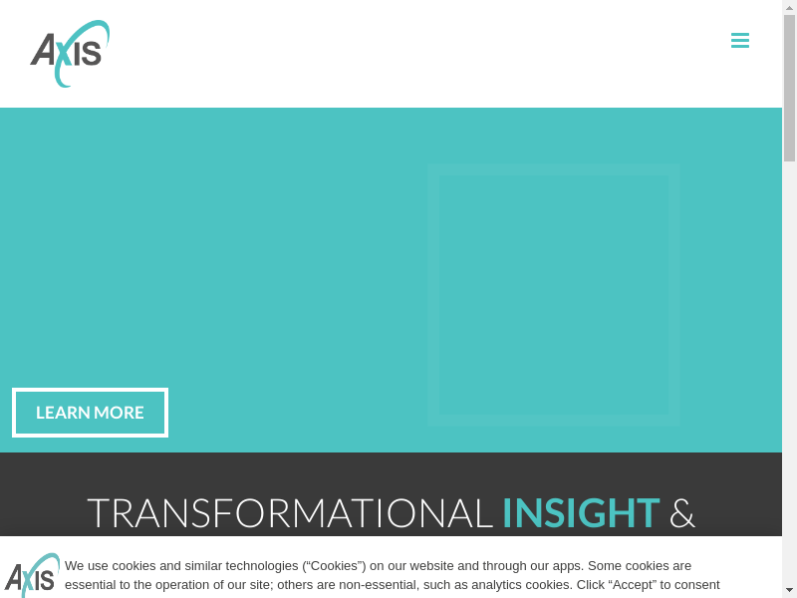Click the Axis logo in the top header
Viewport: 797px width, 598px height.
coord(70,54)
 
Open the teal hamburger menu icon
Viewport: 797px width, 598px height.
coord(740,40)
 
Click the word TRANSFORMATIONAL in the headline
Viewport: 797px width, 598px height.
coord(290,513)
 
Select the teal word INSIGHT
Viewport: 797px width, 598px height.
coord(581,513)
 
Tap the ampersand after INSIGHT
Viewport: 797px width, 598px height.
coord(681,513)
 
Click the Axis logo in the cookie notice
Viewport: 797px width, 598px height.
coord(32,575)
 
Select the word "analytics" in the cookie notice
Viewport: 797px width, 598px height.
coord(496,585)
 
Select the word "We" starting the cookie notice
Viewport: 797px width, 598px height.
coord(74,566)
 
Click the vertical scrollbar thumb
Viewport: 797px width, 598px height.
coord(789,88)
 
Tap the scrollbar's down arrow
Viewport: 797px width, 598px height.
coord(789,591)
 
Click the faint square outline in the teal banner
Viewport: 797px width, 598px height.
coord(433,295)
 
